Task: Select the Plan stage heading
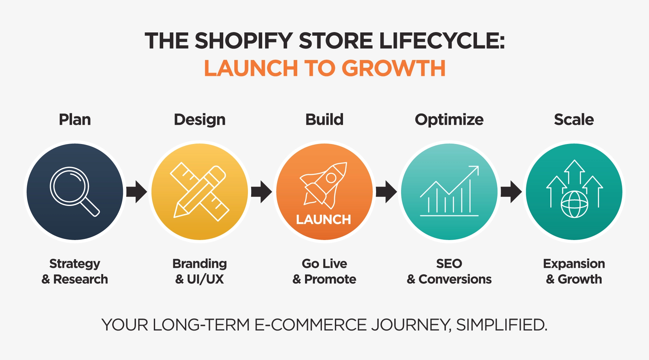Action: (75, 120)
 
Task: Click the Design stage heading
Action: (200, 120)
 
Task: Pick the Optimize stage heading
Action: (449, 120)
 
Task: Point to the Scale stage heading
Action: (574, 120)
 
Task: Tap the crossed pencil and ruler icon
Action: (200, 191)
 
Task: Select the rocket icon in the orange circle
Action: (324, 185)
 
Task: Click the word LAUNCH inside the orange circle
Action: (324, 220)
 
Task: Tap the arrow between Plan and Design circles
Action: (137, 192)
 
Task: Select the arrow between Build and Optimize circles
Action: (386, 192)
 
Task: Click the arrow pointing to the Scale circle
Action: (511, 192)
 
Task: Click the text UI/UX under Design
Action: (205, 279)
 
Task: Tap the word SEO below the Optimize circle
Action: (449, 264)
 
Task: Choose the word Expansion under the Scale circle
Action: (574, 264)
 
